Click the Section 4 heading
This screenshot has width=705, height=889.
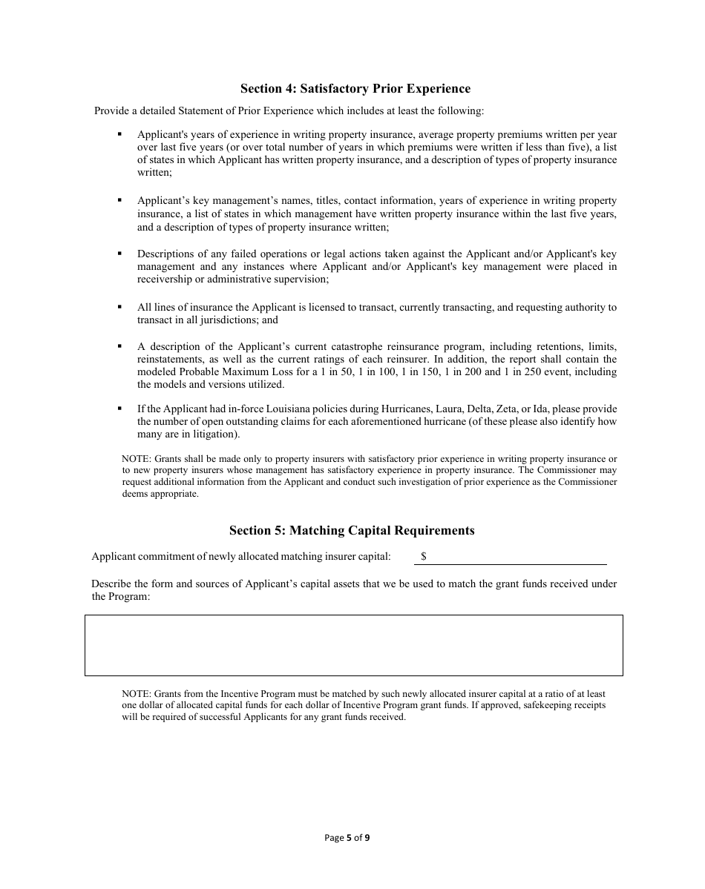[355, 89]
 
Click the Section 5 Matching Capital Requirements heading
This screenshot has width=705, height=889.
[352, 531]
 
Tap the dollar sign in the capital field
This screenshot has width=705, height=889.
[424, 556]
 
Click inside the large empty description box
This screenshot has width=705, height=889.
[353, 645]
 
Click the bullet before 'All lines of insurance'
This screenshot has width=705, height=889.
[119, 306]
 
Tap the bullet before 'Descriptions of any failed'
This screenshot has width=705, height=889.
[119, 253]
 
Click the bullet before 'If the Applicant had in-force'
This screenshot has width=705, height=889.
[119, 409]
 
